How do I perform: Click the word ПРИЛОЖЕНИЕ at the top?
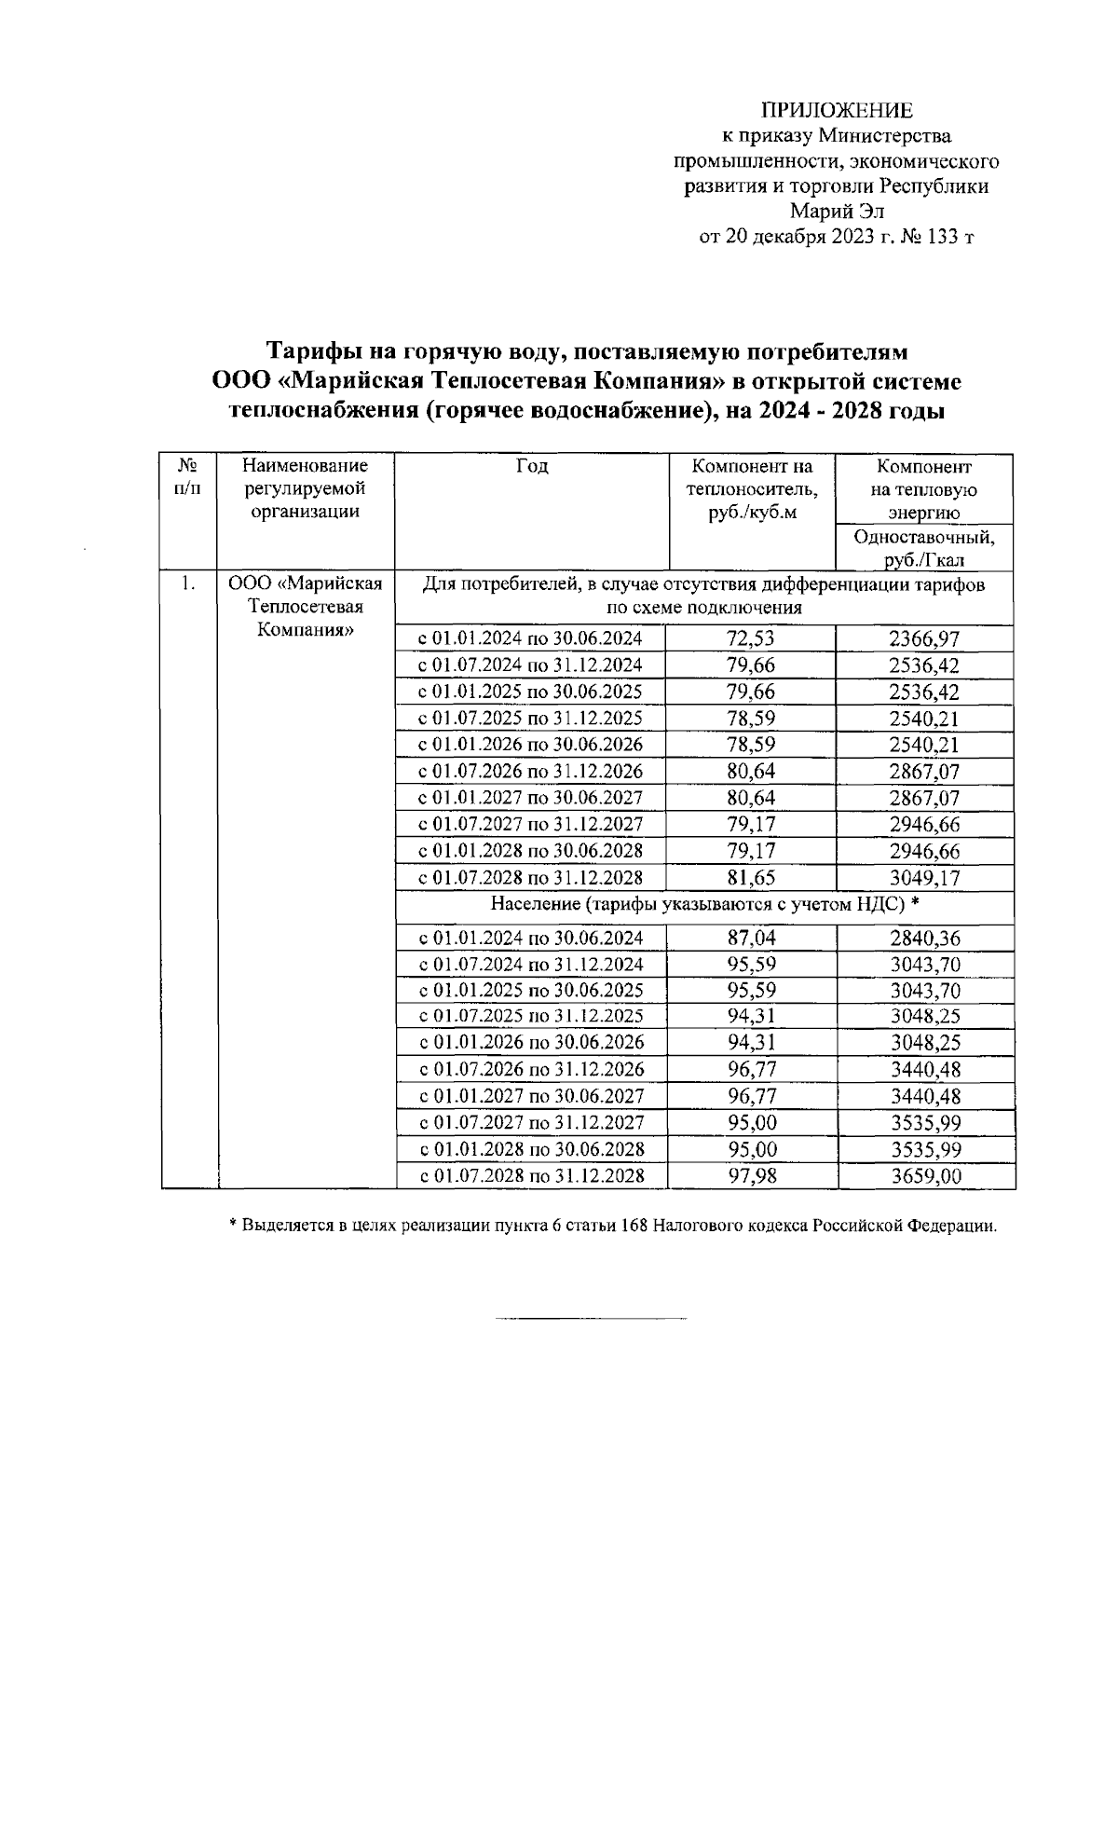tap(837, 110)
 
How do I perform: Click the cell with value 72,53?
tap(751, 638)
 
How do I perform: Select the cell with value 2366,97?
tap(923, 638)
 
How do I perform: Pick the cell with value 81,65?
tap(751, 877)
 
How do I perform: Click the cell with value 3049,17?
tap(923, 877)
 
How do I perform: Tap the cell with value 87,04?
tap(751, 938)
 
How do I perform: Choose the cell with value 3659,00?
tap(925, 1176)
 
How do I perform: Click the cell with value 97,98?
tap(751, 1176)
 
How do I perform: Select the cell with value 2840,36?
tap(925, 938)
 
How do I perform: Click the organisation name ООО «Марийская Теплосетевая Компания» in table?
tap(306, 606)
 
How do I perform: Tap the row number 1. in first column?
tap(188, 584)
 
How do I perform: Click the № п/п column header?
tap(187, 476)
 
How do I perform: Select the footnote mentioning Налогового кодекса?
tap(613, 1226)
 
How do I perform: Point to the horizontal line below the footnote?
tap(591, 1318)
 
